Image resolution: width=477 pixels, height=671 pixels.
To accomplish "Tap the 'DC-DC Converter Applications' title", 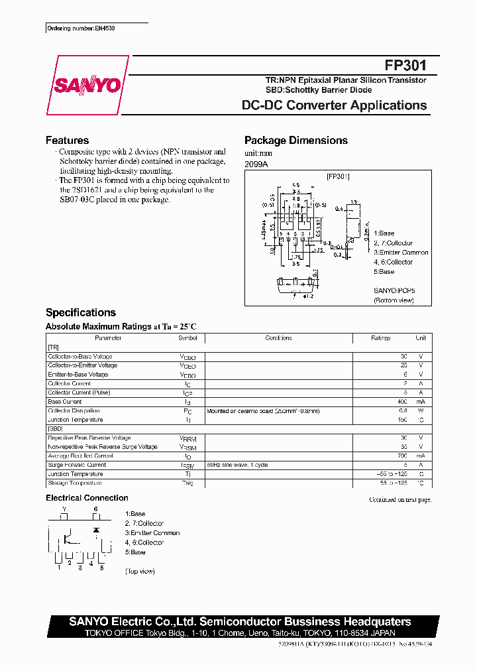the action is [x=335, y=105].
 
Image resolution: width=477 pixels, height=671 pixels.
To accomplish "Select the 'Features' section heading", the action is [x=67, y=141].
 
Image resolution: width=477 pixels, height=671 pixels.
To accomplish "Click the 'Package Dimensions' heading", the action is [x=296, y=141].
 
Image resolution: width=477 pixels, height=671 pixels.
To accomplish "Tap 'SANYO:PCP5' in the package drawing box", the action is [x=394, y=290].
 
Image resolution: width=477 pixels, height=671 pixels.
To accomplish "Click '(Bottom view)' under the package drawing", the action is [x=394, y=300].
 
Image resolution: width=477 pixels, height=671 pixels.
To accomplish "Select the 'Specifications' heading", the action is [x=80, y=312].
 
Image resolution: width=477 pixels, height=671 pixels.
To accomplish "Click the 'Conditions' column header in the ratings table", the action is [x=278, y=338].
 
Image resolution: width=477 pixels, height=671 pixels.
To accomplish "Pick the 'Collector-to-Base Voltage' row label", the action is [x=80, y=357].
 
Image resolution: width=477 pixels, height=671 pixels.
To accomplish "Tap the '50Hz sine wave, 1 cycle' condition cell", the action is [x=237, y=465].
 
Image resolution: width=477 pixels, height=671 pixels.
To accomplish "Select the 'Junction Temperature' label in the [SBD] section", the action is [x=76, y=474].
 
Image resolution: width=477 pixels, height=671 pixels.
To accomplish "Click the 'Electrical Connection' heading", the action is [x=87, y=498].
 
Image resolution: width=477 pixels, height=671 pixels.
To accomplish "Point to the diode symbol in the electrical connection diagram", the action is [x=96, y=530].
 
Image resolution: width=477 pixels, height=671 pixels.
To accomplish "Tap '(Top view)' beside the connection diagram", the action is [x=140, y=571].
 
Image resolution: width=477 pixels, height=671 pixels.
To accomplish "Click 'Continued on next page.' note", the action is [x=400, y=500].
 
